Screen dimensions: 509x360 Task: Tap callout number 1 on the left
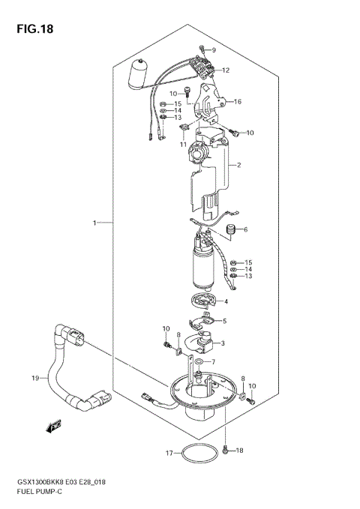(x=95, y=223)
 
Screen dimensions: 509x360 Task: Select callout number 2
(x=237, y=165)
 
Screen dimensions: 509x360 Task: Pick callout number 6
(x=244, y=229)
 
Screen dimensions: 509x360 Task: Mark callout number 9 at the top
(x=213, y=50)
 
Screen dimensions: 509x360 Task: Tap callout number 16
(x=237, y=102)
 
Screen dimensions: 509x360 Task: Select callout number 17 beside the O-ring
(x=169, y=454)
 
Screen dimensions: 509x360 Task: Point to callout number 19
(x=35, y=379)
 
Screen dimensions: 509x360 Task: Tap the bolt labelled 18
(x=227, y=450)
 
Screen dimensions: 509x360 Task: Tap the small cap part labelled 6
(x=230, y=229)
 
